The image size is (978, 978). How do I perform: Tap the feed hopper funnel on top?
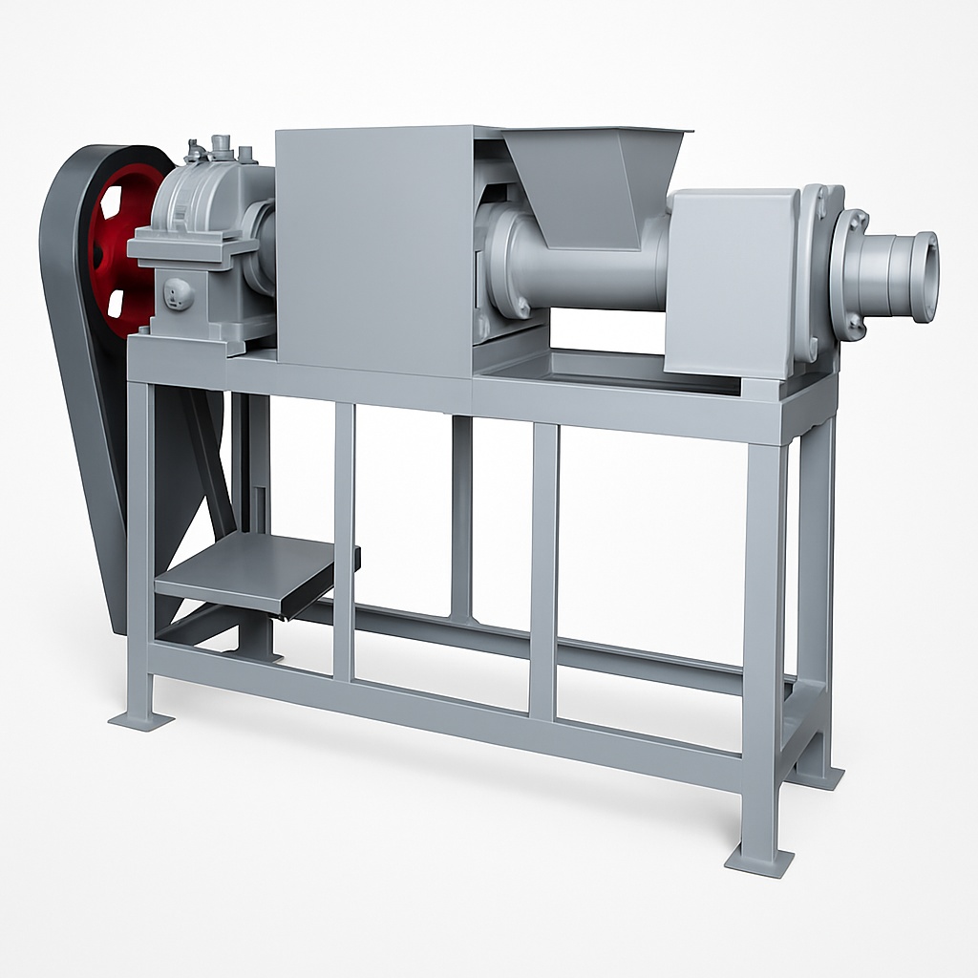[x=592, y=181]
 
